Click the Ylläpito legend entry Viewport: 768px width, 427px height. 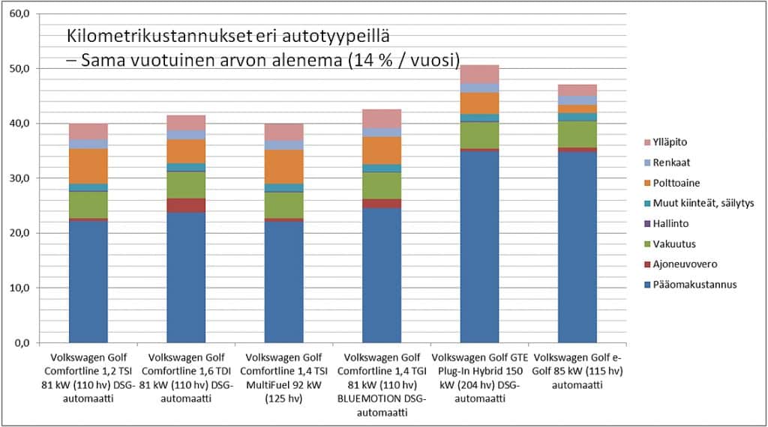(x=669, y=142)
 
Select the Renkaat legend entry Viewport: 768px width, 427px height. (x=669, y=162)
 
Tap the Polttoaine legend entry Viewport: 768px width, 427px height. (x=673, y=183)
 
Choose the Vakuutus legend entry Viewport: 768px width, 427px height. (x=671, y=243)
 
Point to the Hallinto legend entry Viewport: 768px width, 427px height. (x=669, y=223)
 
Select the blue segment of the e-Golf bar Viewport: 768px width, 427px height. (x=567, y=247)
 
